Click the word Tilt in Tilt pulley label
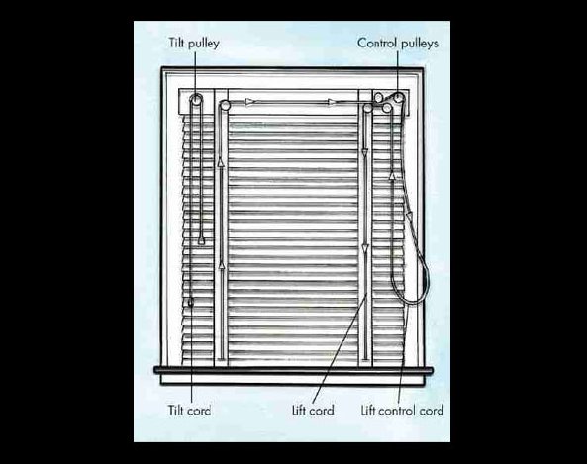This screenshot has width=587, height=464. coord(176,43)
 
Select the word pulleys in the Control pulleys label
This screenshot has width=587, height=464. coord(419,44)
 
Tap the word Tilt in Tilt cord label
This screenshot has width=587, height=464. coord(175,411)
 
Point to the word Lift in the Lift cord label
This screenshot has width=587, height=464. coord(299,411)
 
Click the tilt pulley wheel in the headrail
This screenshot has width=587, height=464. coord(196,100)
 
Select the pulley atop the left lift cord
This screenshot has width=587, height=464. coord(225,105)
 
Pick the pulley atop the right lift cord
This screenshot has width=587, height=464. coord(367,109)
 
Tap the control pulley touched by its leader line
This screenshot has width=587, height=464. coord(398,98)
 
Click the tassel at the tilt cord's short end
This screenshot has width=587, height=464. coord(201,240)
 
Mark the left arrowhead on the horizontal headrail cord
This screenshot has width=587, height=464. coord(249,102)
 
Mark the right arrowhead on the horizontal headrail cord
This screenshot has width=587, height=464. coord(331,102)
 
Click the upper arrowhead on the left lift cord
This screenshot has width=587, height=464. coord(221,162)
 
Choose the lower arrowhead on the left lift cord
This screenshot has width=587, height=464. coord(223,265)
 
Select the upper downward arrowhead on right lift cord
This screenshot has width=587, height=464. coord(365,152)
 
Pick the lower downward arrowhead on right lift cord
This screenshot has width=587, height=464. coord(365,248)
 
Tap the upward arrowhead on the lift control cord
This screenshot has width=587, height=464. coord(392,175)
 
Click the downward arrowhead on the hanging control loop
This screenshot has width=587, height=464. coord(410,216)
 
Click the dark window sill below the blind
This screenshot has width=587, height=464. coord(293,370)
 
